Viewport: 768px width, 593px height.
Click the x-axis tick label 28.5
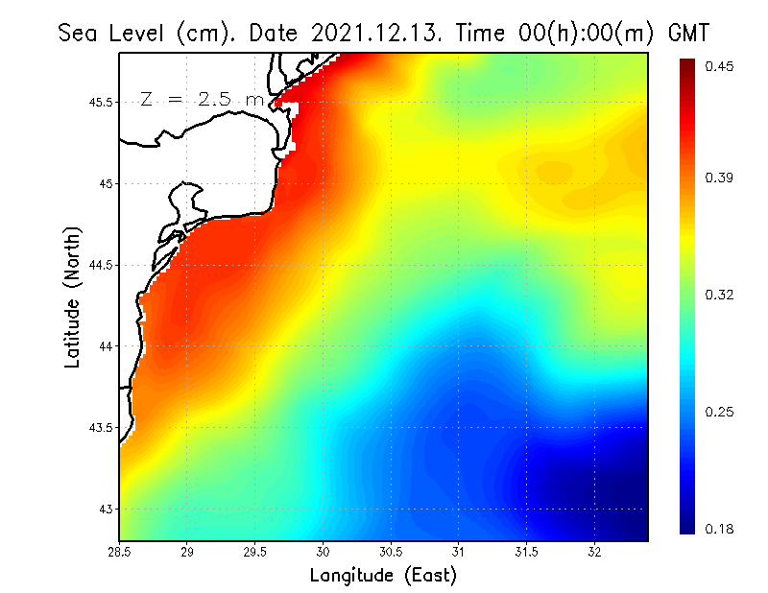point(119,552)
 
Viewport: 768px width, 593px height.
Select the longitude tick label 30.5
point(391,552)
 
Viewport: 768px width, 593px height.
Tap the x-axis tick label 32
point(594,552)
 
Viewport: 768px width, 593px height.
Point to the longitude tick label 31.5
point(526,552)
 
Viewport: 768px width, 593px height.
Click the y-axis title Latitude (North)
point(72,297)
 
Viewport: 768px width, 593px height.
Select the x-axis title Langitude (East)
point(383,576)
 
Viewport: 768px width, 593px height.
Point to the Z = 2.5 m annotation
point(202,99)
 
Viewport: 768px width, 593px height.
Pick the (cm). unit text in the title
point(208,33)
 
